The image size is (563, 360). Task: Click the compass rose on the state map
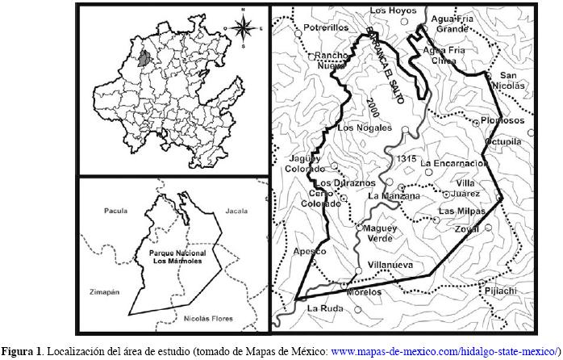click(241, 27)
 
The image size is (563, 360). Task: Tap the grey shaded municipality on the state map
click(144, 59)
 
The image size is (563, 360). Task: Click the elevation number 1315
click(406, 159)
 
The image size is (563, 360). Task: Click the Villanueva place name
click(390, 264)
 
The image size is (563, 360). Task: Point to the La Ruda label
click(325, 307)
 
